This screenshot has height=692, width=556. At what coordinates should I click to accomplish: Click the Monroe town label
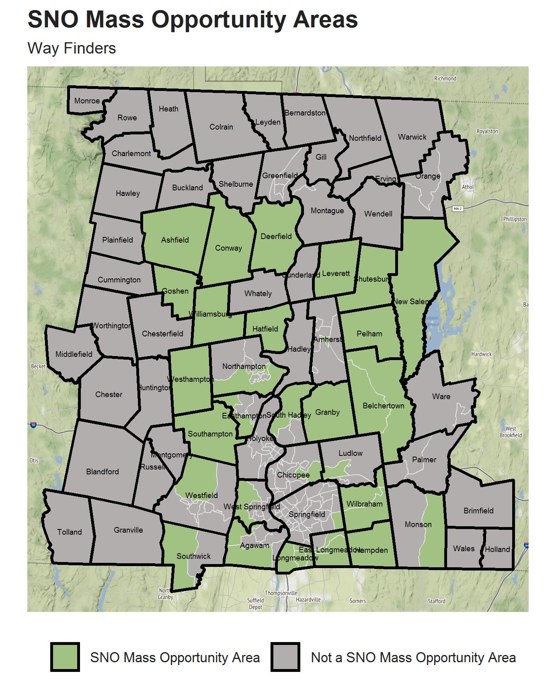tap(87, 101)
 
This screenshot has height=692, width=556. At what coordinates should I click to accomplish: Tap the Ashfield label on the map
tap(175, 240)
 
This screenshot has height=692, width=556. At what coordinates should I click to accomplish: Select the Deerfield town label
tap(276, 236)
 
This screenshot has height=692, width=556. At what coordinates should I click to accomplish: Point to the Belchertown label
tap(383, 406)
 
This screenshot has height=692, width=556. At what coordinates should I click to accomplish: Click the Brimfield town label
tap(478, 511)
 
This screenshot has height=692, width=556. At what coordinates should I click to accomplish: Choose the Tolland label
tap(70, 532)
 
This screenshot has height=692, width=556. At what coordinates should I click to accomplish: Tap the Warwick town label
tap(412, 137)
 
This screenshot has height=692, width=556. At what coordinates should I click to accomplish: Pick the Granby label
tap(327, 412)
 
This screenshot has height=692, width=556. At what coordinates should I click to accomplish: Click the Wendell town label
tap(378, 214)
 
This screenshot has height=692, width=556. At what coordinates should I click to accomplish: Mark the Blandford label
tap(103, 472)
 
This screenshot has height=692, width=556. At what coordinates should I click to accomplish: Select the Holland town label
tap(497, 549)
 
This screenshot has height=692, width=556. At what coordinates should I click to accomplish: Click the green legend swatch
tap(65, 657)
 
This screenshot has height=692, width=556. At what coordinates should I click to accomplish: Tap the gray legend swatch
tap(285, 657)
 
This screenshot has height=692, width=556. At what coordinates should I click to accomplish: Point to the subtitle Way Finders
tap(72, 48)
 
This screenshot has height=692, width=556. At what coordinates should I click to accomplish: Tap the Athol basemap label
tap(468, 187)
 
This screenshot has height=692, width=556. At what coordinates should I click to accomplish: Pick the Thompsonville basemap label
tap(281, 593)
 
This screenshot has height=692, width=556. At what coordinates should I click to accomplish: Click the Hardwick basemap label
tap(481, 354)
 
